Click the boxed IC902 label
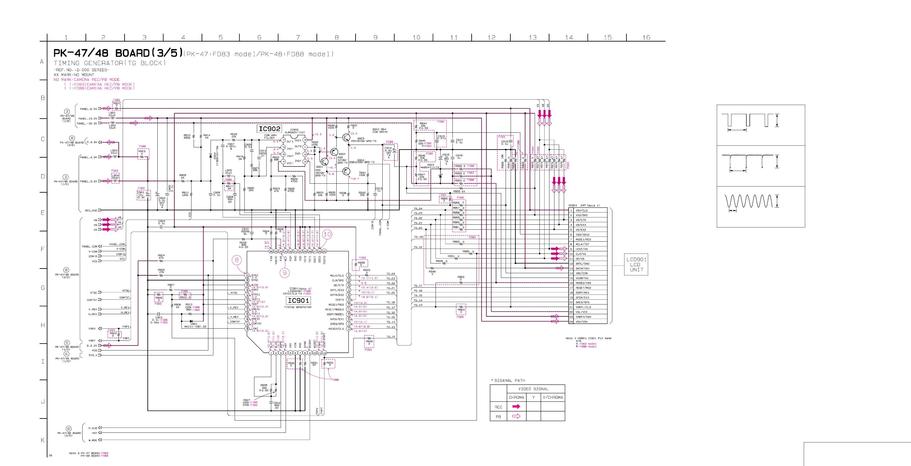[x=270, y=129]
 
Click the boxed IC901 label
[x=298, y=301]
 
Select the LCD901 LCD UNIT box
[x=636, y=265]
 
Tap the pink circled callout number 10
[x=327, y=234]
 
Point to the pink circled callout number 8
[x=237, y=260]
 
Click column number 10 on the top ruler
[x=417, y=37]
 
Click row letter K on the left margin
[x=43, y=440]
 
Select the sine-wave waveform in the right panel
[x=748, y=201]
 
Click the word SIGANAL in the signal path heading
[x=503, y=380]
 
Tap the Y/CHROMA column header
[x=553, y=397]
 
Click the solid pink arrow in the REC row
[x=516, y=407]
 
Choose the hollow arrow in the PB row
[x=516, y=416]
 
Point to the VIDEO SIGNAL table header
[x=533, y=389]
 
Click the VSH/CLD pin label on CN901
[x=582, y=210]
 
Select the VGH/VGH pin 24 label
[x=582, y=322]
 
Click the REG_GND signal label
[x=91, y=210]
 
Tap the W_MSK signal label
[x=93, y=440]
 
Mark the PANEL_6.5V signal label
[x=88, y=109]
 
